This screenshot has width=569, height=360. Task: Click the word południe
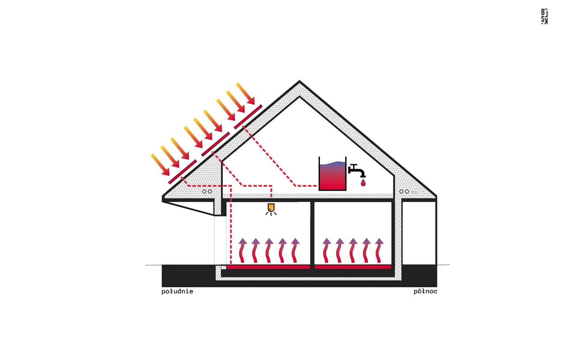coord(177,291)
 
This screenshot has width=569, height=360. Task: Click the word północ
coord(425,291)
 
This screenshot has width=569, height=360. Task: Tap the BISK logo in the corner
coord(544,17)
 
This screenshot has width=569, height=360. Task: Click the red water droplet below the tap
coord(363,183)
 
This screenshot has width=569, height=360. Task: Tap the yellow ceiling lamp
coord(271,208)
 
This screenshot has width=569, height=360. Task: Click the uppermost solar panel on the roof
coord(248,117)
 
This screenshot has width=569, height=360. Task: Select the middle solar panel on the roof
coord(215,144)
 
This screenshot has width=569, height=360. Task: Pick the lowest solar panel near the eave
coord(182,172)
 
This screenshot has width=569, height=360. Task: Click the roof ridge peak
coord(299,82)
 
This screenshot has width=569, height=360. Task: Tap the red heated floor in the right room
coord(353,267)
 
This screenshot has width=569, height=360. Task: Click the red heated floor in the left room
coord(268,267)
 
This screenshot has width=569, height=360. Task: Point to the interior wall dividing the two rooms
coord(312,234)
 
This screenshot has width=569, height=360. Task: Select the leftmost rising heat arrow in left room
coord(243,250)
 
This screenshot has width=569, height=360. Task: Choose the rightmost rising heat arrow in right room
coord(379,250)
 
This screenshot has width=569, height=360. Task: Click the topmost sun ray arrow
coord(245,94)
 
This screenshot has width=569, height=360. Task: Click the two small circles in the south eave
coord(207,192)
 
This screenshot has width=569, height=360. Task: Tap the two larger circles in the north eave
coord(404,192)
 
